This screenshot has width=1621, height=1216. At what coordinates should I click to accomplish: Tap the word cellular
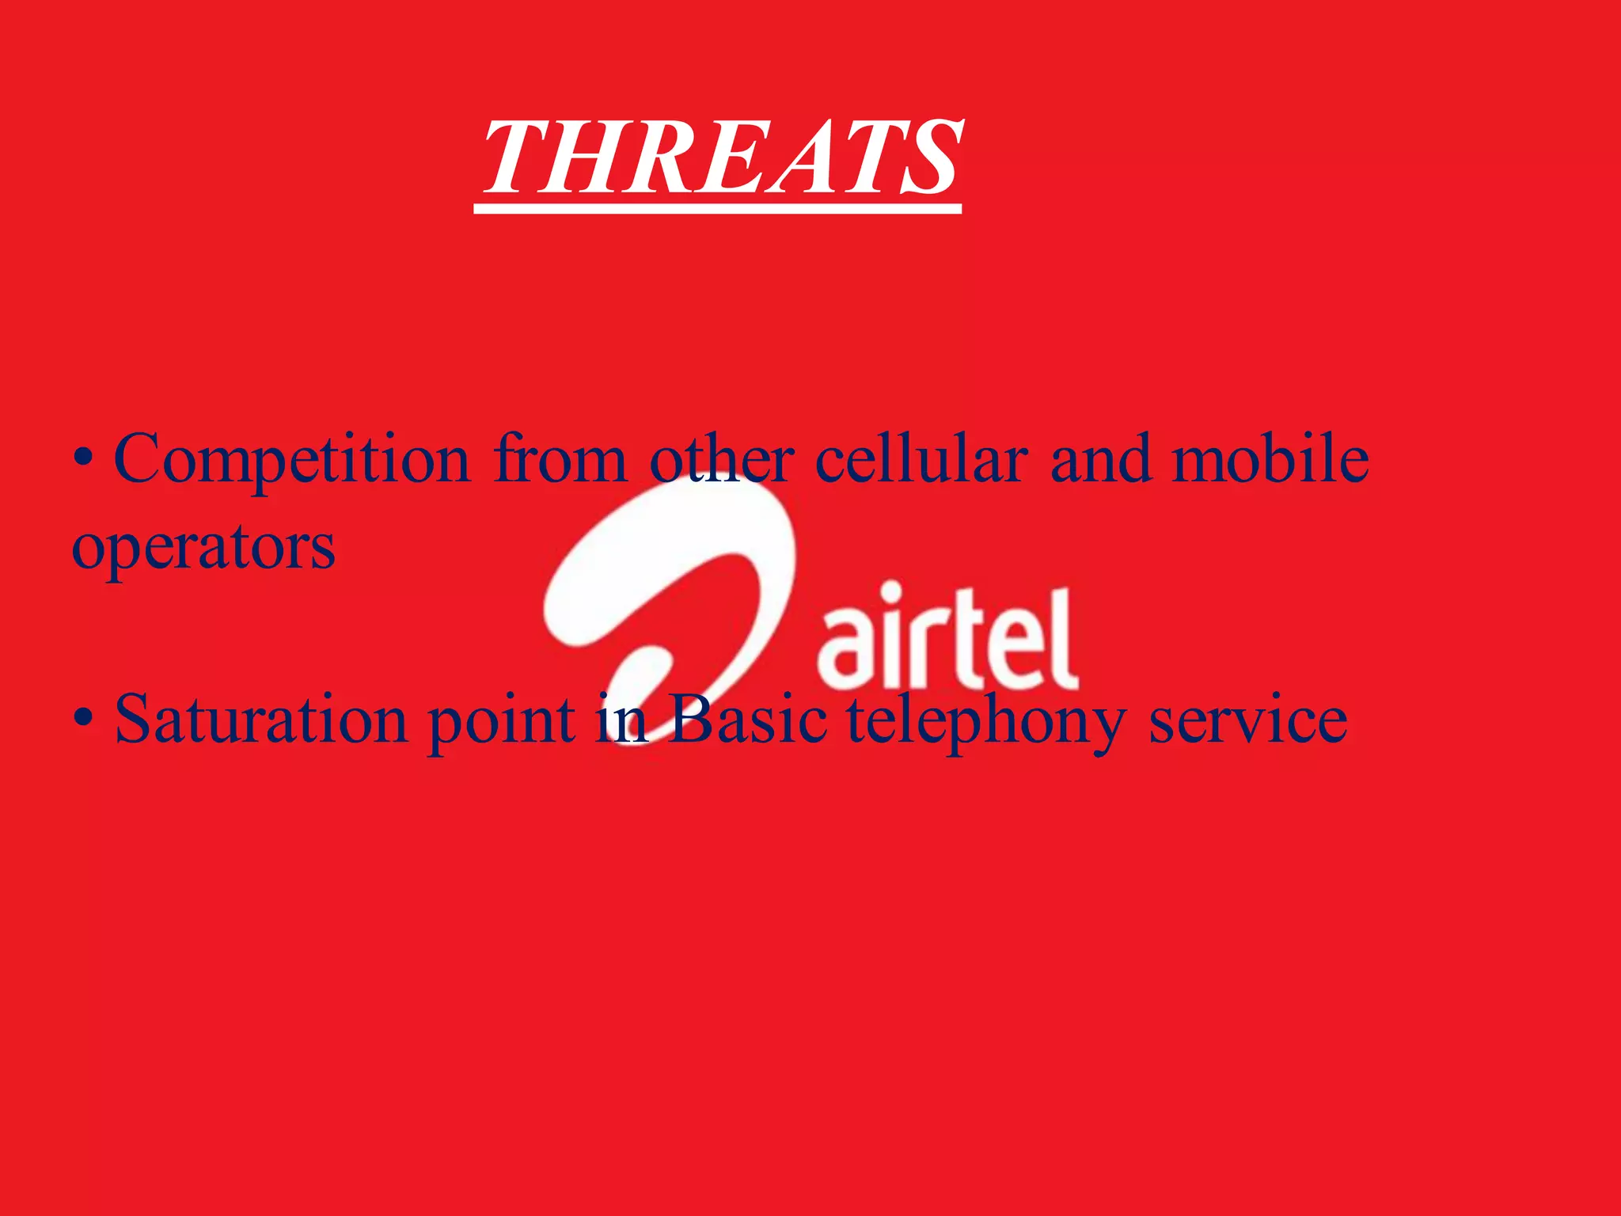coord(921,459)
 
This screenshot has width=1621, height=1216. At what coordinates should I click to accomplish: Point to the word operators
coord(203,548)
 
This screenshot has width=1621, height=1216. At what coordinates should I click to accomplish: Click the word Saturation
coord(261,719)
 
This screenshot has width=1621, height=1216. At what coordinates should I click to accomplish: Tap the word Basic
coord(748,719)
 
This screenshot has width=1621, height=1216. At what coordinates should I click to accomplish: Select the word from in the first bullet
coord(560,459)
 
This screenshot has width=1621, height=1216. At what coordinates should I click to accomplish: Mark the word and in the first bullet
coord(1100,459)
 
